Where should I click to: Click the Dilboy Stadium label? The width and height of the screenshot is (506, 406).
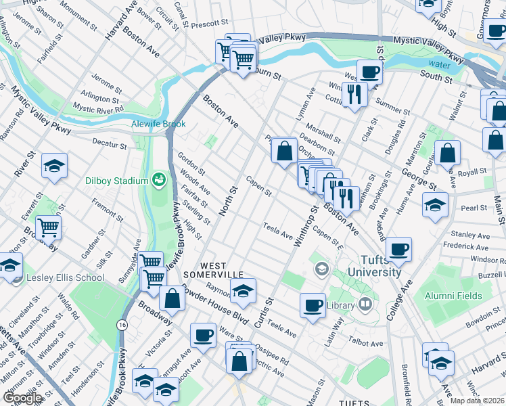[116, 181]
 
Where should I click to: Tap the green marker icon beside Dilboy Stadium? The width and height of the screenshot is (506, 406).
[159, 179]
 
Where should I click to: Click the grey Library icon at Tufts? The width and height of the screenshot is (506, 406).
[366, 304]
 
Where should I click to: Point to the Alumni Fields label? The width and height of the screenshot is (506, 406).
[453, 296]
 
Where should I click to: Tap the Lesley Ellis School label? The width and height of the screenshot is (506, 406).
[65, 277]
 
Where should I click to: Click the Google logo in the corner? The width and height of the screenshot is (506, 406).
[22, 398]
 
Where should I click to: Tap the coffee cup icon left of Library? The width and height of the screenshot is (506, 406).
[313, 305]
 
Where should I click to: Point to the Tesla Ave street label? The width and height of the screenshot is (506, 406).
[278, 229]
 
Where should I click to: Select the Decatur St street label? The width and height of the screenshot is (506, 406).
[110, 144]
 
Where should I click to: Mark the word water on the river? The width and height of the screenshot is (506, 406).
[439, 65]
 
